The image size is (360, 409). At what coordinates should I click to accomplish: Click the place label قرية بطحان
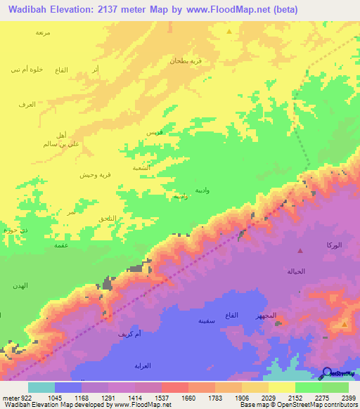coord(185,60)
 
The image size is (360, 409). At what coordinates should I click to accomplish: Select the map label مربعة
coord(44,32)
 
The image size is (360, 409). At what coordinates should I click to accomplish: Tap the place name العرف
coord(27,105)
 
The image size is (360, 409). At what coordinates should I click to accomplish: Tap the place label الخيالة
coord(296,271)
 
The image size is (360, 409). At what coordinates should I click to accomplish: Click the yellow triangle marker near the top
coord(229,32)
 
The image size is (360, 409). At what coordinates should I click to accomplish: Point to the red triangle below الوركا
coord(300,250)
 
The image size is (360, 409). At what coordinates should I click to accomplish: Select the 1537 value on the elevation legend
coord(161,398)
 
